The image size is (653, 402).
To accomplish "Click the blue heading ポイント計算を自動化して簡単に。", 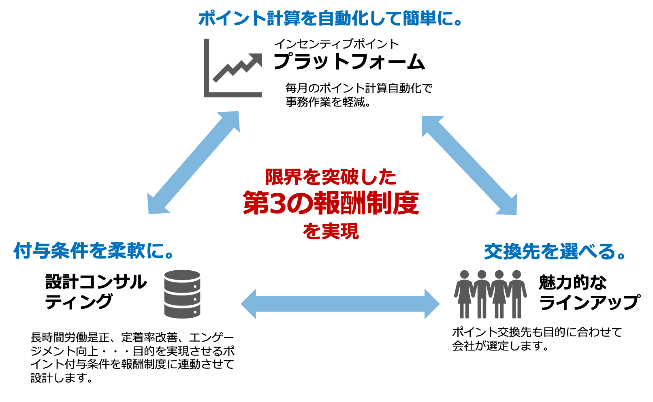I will pyautogui.click(x=330, y=19).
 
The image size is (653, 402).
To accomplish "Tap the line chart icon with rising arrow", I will pyautogui.click(x=233, y=68).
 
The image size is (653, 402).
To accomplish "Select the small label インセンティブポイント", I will pyautogui.click(x=336, y=44).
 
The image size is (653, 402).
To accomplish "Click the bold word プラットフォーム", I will pyautogui.click(x=349, y=62).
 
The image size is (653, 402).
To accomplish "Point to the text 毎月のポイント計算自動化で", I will pyautogui.click(x=359, y=88).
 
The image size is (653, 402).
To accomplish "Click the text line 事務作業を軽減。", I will pyautogui.click(x=329, y=102).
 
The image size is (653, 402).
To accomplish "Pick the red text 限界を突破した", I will pyautogui.click(x=331, y=177).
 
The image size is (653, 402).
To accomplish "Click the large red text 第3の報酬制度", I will pyautogui.click(x=331, y=203).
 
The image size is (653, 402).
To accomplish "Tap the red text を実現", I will pyautogui.click(x=331, y=231).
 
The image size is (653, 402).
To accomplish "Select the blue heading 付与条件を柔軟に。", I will pyautogui.click(x=94, y=251).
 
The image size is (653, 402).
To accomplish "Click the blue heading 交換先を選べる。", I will pyautogui.click(x=555, y=252).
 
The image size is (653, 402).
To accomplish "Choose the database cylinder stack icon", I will pyautogui.click(x=182, y=294).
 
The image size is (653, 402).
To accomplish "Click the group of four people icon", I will pyautogui.click(x=491, y=294).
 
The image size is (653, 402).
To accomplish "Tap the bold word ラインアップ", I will pyautogui.click(x=590, y=302).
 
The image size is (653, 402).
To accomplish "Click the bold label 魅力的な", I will pyautogui.click(x=572, y=282).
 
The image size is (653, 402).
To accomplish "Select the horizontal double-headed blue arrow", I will pyautogui.click(x=340, y=304).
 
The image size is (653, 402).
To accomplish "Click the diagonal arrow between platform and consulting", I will pyautogui.click(x=193, y=163).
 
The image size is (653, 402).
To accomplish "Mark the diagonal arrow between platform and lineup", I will pyautogui.click(x=469, y=165).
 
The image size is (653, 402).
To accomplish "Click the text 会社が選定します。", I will pyautogui.click(x=500, y=346).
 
